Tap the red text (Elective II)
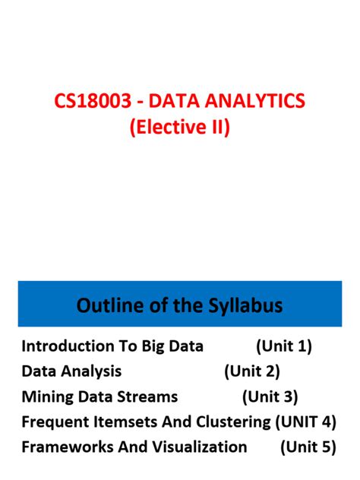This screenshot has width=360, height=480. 179,127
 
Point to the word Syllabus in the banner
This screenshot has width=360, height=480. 245,305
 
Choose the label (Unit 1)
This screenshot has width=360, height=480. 284,346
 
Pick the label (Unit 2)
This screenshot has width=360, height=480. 252,371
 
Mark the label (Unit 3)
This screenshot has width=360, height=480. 270,396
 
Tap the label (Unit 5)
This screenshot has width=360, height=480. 308,447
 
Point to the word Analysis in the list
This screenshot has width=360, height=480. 93,371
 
